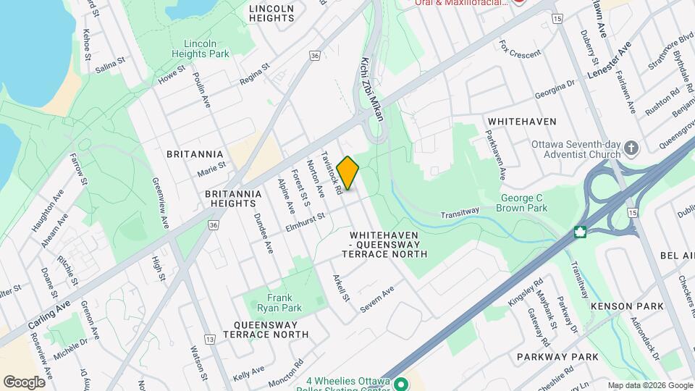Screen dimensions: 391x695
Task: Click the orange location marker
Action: tap(348, 173)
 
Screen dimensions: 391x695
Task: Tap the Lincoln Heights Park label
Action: tap(201, 49)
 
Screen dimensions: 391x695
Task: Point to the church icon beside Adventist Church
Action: tap(632, 149)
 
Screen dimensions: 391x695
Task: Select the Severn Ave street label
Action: tap(377, 295)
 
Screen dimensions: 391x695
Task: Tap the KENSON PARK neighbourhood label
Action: tap(627, 306)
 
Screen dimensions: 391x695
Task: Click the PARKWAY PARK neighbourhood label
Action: tap(557, 357)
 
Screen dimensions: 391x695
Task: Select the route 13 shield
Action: tap(211, 340)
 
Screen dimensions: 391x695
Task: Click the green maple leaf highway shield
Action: tap(579, 232)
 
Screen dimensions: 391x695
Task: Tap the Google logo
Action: tap(24, 382)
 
